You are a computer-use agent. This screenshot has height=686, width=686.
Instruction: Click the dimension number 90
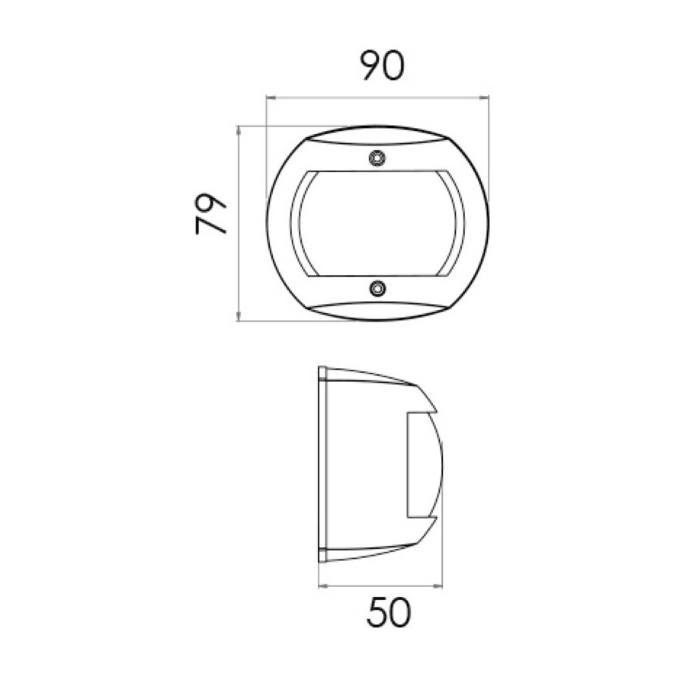(383, 66)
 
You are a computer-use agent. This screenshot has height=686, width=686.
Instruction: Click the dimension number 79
(211, 214)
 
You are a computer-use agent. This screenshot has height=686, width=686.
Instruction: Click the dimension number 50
(389, 613)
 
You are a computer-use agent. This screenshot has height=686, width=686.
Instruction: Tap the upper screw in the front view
(377, 158)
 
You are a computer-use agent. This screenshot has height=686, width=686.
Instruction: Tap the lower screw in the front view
(377, 288)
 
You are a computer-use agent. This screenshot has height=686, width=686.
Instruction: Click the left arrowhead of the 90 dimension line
(271, 98)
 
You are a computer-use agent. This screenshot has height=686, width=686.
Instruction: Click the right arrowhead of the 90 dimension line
(485, 98)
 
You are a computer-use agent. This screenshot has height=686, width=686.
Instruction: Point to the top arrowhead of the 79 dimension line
(239, 130)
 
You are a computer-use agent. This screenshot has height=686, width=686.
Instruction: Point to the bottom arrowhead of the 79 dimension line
(239, 316)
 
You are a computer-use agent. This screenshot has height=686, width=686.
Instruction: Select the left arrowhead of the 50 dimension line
(323, 586)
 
